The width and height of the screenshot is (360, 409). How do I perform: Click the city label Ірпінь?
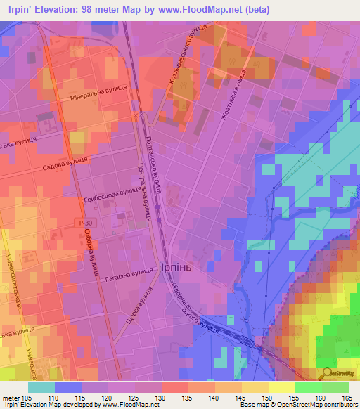coord(186,268)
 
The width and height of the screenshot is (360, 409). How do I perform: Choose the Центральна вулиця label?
coord(146,193)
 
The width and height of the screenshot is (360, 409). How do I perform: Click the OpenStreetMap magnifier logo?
coord(328,372)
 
